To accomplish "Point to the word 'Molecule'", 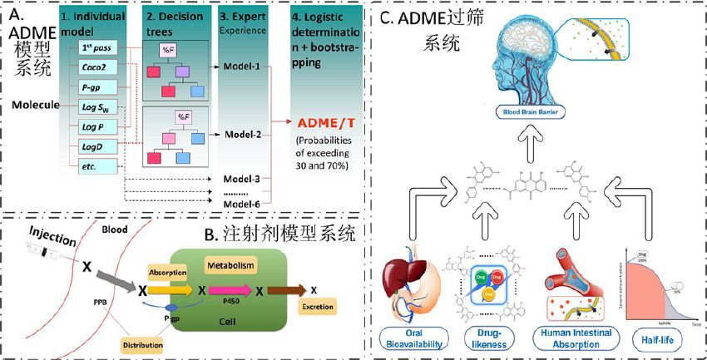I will (39, 106).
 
